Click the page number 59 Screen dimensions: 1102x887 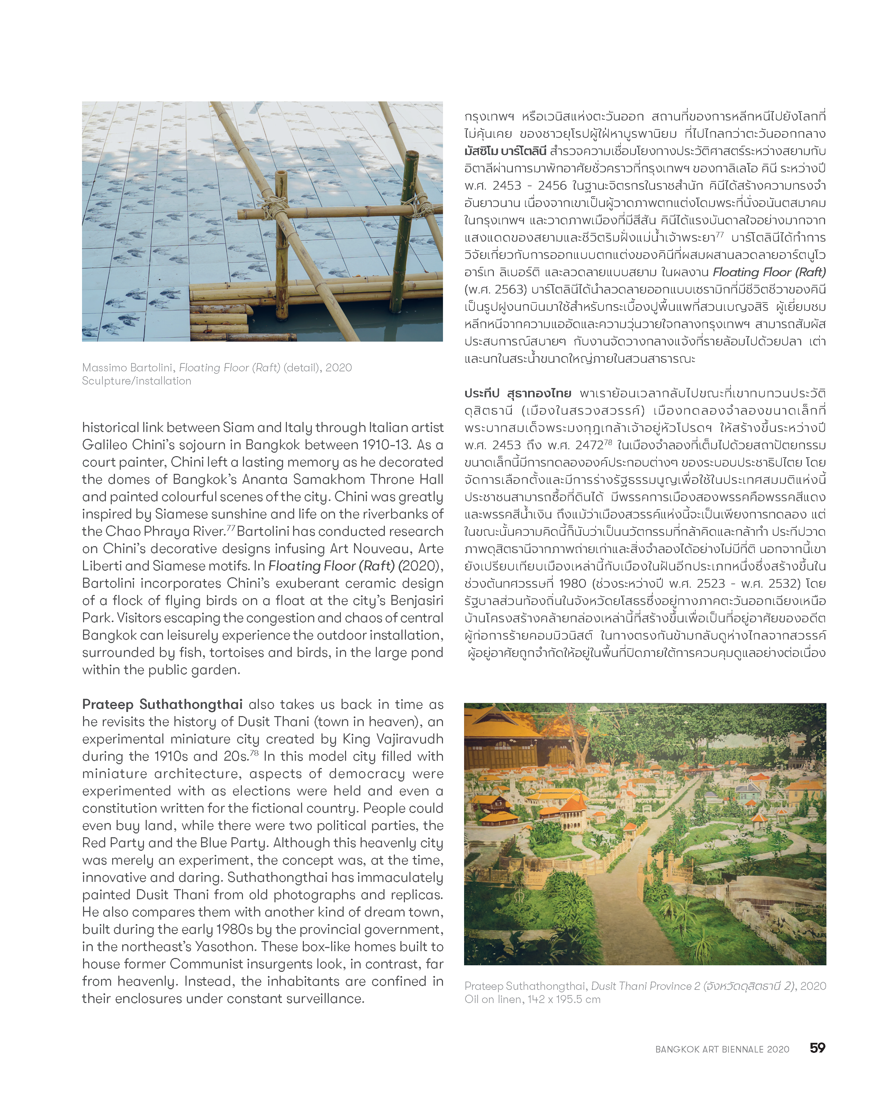817,1047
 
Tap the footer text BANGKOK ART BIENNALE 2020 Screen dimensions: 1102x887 722,1049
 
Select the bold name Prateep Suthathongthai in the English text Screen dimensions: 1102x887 162,704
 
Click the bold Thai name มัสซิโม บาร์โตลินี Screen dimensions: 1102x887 505,151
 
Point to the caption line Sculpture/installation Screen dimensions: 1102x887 136,381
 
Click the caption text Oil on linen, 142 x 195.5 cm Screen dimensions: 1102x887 532,999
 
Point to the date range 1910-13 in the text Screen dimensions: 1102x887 387,445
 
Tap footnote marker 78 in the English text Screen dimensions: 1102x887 254,753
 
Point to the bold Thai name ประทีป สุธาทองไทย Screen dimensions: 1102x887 517,393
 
